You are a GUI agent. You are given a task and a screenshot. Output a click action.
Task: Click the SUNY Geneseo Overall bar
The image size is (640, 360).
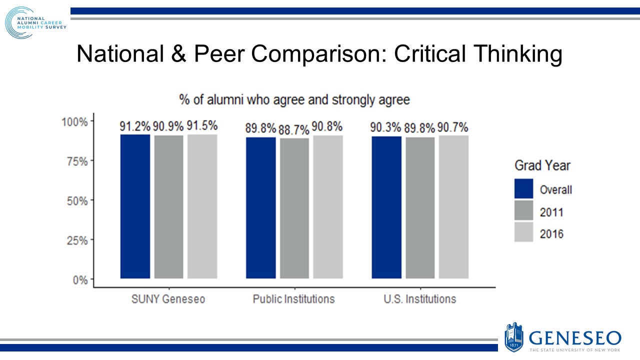tap(135, 206)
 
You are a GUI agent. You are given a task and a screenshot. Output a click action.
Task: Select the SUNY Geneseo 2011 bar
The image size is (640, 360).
tap(168, 206)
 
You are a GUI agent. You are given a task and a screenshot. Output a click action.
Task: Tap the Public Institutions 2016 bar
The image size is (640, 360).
tap(328, 206)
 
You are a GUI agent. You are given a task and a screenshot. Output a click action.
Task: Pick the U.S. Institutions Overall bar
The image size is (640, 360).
tap(386, 207)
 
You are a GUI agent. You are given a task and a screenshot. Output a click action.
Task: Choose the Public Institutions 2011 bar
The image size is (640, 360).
tap(294, 208)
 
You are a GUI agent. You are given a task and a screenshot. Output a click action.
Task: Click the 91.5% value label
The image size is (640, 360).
tap(202, 126)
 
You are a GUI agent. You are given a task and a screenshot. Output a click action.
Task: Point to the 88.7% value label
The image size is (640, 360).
tap(294, 130)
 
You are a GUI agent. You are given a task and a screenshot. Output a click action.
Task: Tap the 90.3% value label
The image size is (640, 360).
tap(386, 127)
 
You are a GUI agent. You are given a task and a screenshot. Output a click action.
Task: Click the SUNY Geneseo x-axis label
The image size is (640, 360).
tap(168, 299)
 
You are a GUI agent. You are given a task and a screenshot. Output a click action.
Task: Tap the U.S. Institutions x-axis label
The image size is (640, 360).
tap(420, 299)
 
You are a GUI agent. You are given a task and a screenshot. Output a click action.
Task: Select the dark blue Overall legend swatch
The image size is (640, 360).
tap(524, 189)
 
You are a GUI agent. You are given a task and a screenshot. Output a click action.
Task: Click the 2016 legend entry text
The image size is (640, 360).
tap(551, 233)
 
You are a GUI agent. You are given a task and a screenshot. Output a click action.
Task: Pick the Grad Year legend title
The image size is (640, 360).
tap(542, 165)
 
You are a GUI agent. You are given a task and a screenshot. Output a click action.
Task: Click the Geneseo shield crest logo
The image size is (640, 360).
tap(514, 336)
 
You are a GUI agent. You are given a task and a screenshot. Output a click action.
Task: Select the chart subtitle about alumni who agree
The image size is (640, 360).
tap(294, 100)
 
